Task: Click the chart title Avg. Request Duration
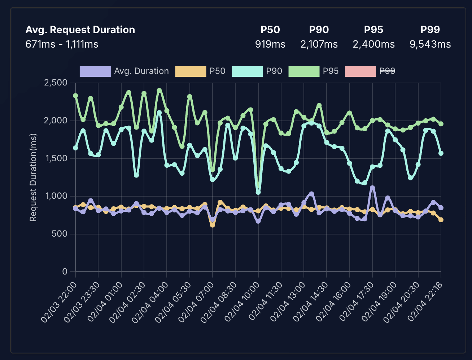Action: (80, 30)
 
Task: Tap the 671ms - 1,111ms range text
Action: (62, 44)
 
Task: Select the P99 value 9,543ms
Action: (430, 44)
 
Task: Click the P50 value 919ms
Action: (270, 44)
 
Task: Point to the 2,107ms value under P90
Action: (319, 44)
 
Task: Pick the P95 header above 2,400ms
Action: (373, 30)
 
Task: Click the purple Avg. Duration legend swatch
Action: (95, 71)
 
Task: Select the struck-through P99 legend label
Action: (387, 71)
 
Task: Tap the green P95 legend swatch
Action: (304, 71)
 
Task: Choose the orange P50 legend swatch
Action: (190, 71)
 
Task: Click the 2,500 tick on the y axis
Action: (56, 83)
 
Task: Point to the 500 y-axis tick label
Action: (59, 234)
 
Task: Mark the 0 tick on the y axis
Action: (65, 272)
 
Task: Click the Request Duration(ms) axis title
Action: (33, 177)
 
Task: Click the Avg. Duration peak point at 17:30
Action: (372, 188)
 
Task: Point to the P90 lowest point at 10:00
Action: (258, 192)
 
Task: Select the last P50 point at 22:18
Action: (441, 220)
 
